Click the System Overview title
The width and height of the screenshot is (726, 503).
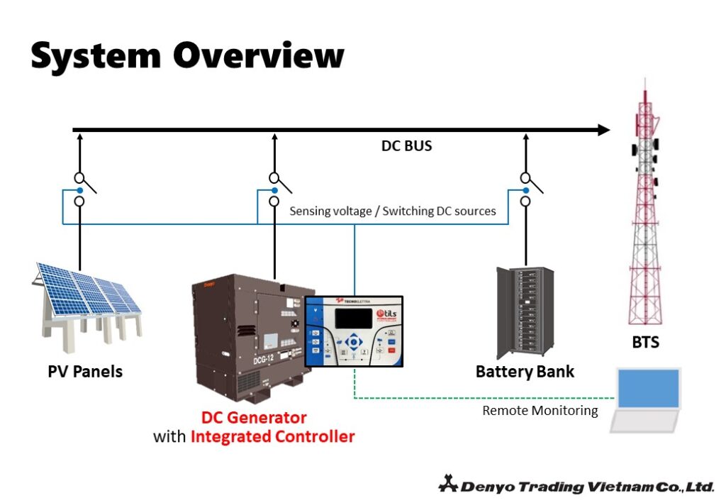click(187, 55)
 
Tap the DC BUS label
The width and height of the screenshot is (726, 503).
click(407, 147)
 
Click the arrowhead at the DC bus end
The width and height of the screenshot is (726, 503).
click(603, 130)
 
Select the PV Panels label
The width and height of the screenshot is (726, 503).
click(85, 372)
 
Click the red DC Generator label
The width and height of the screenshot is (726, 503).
click(254, 417)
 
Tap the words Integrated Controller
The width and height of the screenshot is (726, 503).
click(272, 436)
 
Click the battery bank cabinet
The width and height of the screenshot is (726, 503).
click(525, 312)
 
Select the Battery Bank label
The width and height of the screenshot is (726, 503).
click(525, 372)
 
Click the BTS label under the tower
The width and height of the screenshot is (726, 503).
click(645, 343)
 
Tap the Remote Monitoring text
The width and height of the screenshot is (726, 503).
click(540, 411)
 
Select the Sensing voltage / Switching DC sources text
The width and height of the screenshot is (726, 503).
click(393, 211)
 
